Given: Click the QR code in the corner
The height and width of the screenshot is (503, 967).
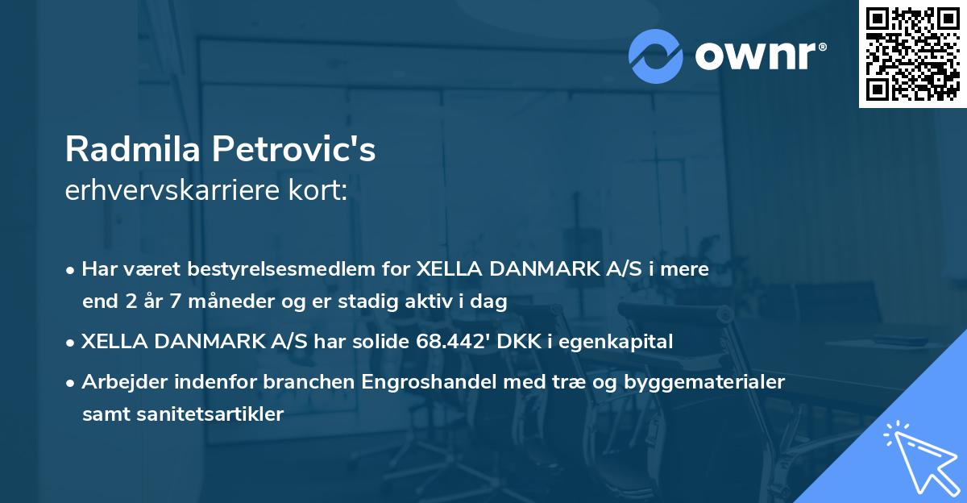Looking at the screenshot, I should click(x=912, y=54).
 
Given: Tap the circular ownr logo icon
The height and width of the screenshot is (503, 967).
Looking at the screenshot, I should click(x=655, y=56).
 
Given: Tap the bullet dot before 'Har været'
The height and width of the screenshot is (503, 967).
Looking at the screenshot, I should click(x=72, y=270).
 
